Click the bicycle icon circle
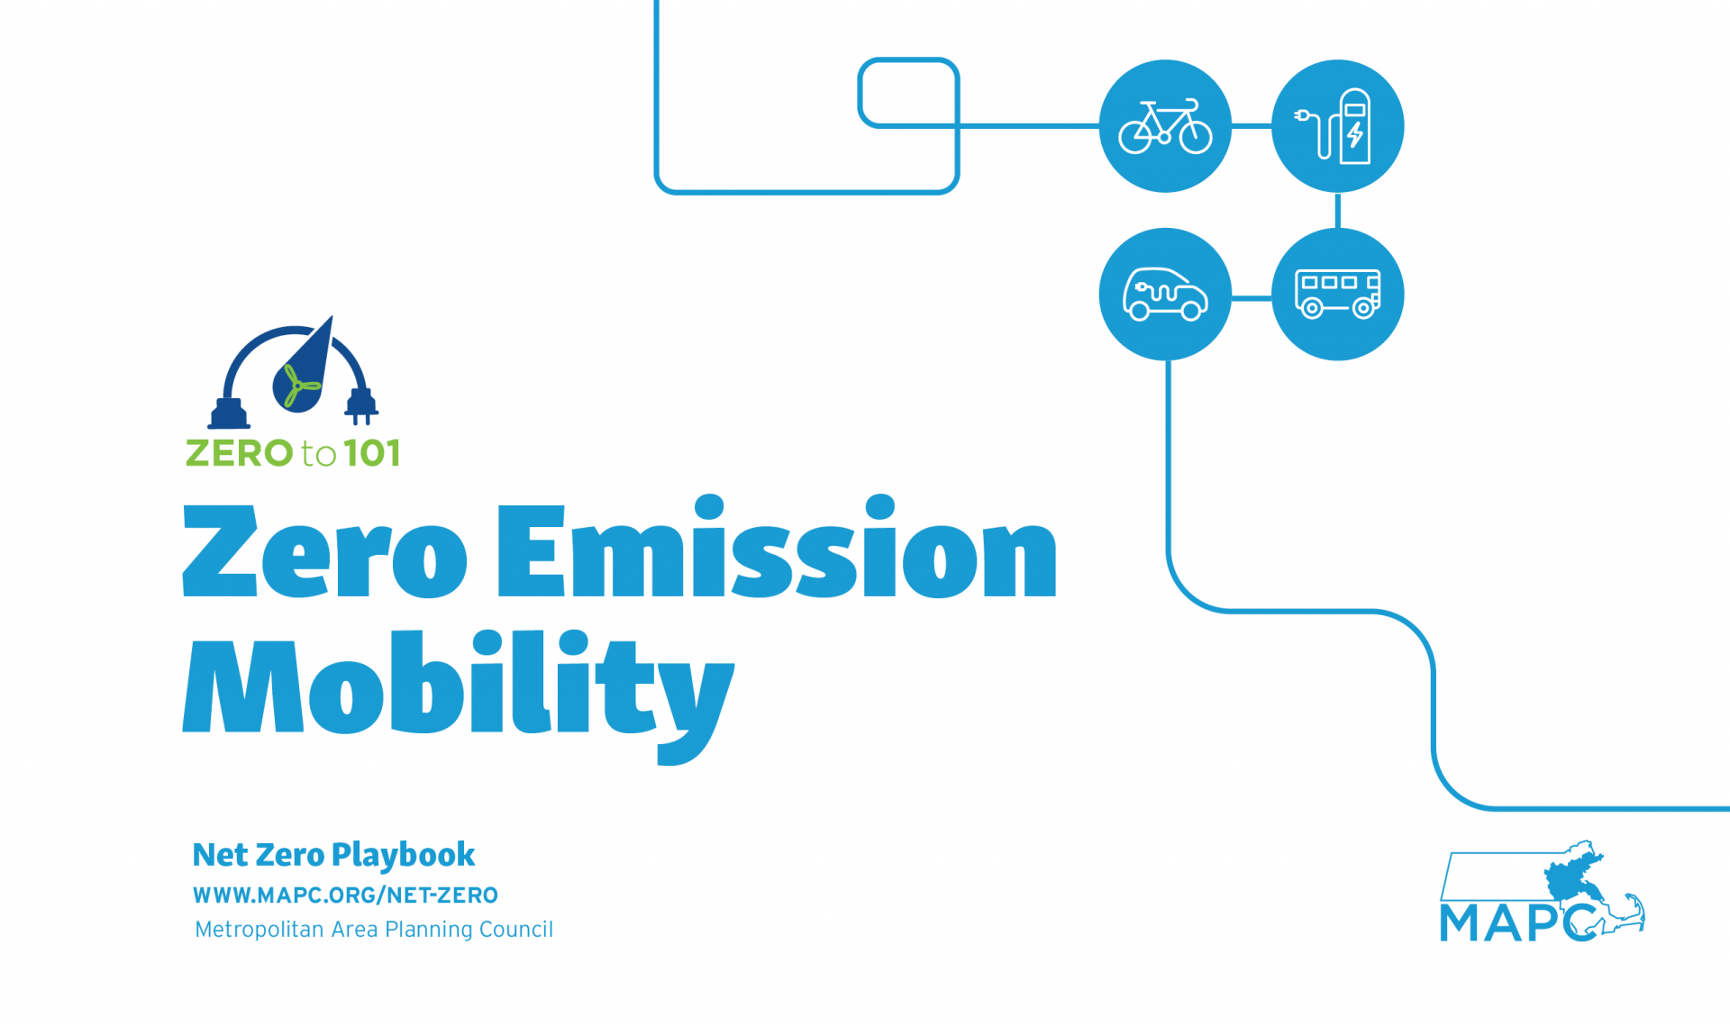(x=1165, y=126)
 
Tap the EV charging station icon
(x=1337, y=126)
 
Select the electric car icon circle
(x=1165, y=295)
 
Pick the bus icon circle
(x=1337, y=295)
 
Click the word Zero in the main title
(x=324, y=550)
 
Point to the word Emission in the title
(x=777, y=546)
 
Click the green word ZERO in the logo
(x=240, y=452)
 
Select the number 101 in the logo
(x=372, y=452)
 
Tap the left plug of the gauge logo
(x=229, y=414)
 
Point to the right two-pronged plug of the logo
(x=361, y=406)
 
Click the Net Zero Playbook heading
(x=333, y=855)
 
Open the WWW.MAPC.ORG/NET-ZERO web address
(x=345, y=895)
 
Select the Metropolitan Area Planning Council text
(x=374, y=929)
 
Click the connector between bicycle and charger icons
(x=1252, y=126)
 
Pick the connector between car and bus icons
(x=1252, y=297)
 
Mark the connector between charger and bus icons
(x=1337, y=211)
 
